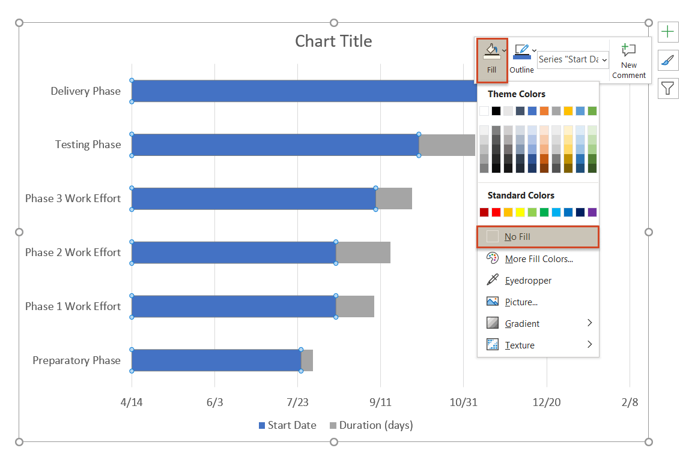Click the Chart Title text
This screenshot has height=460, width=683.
(x=333, y=41)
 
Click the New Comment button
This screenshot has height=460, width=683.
(x=629, y=61)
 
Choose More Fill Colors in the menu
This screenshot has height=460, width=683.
(x=538, y=258)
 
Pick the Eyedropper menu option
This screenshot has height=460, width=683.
(x=527, y=280)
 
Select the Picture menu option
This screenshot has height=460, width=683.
(x=520, y=302)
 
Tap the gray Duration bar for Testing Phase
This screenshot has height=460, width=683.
(x=446, y=145)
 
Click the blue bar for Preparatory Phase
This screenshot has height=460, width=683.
(x=216, y=360)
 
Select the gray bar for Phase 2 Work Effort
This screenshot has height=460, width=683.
(x=363, y=252)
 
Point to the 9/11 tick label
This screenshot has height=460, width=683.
(x=380, y=402)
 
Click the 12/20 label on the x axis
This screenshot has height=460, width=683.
(x=547, y=402)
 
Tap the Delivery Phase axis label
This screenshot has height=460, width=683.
(x=85, y=91)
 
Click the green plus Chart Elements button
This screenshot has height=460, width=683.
(x=668, y=32)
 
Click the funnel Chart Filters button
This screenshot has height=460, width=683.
(x=668, y=89)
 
